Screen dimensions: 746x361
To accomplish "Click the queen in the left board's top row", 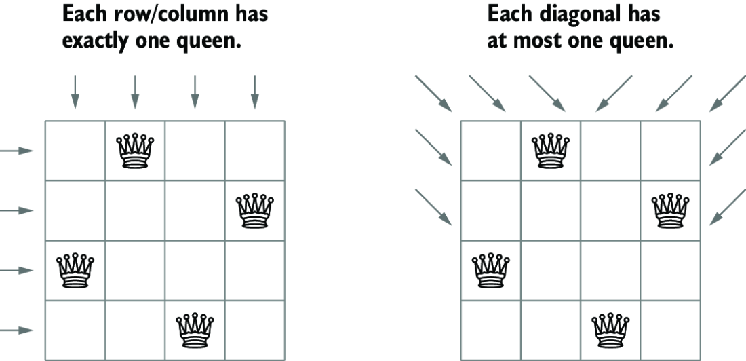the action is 135,151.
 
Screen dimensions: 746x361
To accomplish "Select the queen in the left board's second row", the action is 255,210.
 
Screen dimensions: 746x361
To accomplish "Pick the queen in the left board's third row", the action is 75,271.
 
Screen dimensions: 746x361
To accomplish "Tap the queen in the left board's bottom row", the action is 195,330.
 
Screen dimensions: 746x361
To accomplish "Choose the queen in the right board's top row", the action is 551,151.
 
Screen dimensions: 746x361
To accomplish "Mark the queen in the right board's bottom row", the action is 610,330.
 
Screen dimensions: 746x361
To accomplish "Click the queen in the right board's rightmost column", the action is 670,210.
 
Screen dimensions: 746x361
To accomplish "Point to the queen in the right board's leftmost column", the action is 490,271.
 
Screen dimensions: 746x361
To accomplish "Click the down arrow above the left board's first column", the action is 75,92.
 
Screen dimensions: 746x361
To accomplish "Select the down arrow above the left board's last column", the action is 254,92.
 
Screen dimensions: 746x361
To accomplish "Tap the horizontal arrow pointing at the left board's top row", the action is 17,151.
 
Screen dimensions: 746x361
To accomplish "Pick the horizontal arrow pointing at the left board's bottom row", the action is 17,330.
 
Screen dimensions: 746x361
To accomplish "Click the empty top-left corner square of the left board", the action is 75,151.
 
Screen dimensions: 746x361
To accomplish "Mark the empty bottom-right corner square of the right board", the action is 670,330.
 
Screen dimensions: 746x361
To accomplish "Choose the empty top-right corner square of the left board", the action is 255,151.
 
